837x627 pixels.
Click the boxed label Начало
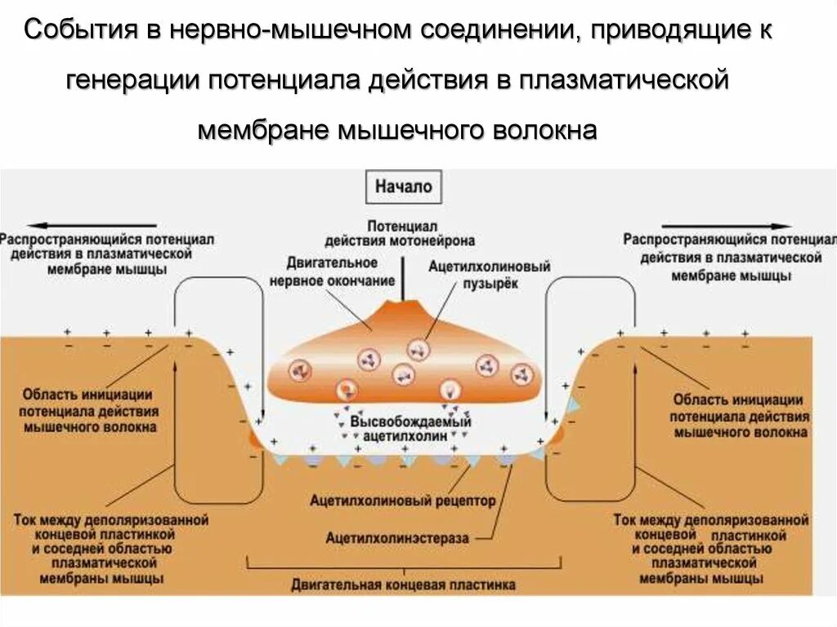(x=404, y=186)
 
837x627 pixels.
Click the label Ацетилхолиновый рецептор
(x=403, y=499)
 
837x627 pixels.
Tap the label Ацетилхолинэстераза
(x=397, y=538)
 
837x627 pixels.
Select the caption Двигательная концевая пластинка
(x=404, y=585)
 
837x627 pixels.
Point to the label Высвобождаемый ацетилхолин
(x=410, y=429)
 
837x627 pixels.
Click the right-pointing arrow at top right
(x=727, y=226)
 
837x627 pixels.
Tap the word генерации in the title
(x=130, y=81)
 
